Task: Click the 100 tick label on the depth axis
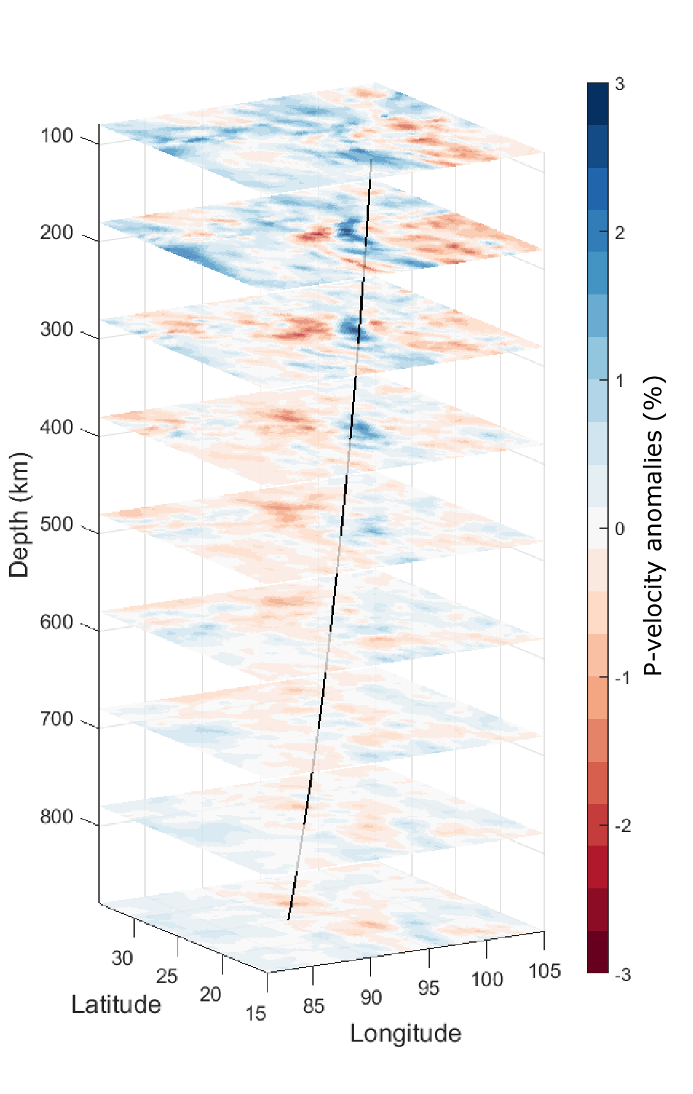57,136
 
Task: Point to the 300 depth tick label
57,330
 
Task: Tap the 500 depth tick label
57,524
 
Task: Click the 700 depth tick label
57,719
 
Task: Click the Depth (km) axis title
19,515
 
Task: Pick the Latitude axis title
116,1005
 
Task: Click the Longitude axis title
406,1033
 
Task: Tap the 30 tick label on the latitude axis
122,958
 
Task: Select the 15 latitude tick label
255,1014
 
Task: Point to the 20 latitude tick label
210,994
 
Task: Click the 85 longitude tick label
314,1007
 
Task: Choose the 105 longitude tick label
545,971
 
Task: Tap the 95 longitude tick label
429,989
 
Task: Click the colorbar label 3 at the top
620,84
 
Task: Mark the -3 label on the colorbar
621,975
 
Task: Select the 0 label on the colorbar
620,529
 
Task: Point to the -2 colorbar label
621,826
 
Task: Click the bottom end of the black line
289,920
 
